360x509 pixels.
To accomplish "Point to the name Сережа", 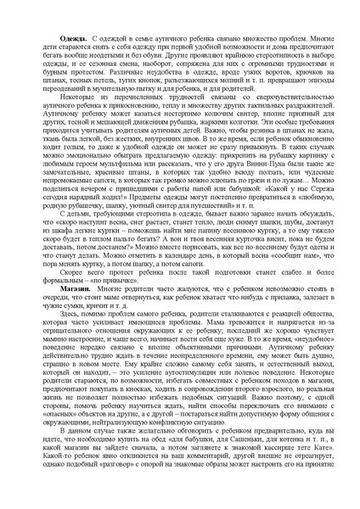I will pos(313,191).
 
